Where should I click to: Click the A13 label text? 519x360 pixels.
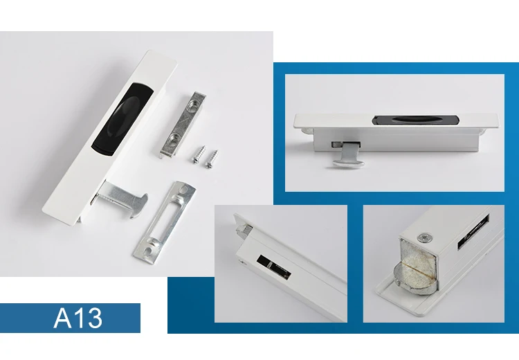click(x=78, y=318)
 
